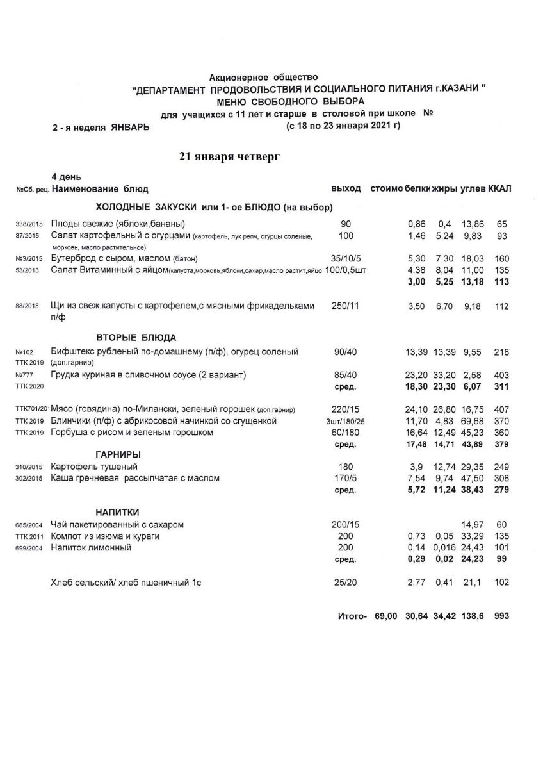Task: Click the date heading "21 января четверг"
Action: (229, 156)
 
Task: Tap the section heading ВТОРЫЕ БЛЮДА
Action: (136, 337)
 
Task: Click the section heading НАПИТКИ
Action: (118, 512)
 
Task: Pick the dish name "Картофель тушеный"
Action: (94, 467)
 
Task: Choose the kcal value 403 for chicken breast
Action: (501, 374)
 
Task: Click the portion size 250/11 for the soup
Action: (346, 306)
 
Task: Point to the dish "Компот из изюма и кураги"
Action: (105, 536)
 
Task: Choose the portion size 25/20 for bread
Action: (346, 583)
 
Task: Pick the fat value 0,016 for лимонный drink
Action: (444, 548)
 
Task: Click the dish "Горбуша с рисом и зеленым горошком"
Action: (132, 433)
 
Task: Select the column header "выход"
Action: (346, 189)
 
